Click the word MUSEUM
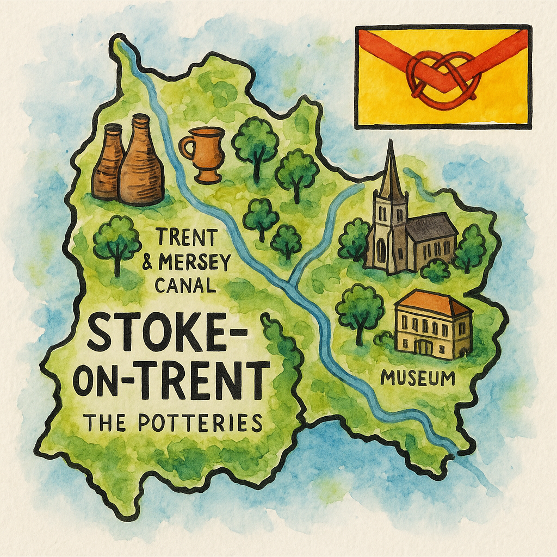[418, 377]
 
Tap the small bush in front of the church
[436, 270]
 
